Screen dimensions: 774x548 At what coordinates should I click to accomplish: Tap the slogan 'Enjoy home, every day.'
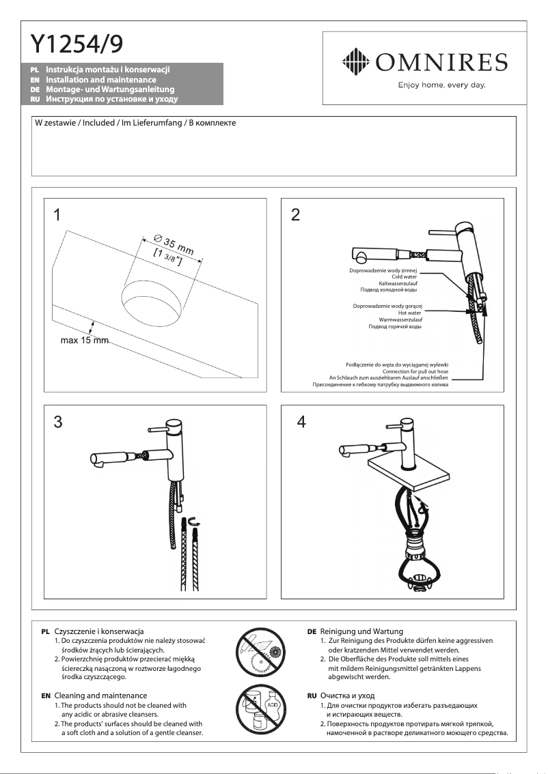441,85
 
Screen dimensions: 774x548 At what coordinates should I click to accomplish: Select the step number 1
58,216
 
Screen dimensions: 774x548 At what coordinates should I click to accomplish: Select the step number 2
295,216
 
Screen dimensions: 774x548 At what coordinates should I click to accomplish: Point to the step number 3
58,422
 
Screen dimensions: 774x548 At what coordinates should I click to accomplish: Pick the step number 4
301,422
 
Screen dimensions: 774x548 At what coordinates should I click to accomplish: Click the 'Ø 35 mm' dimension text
174,244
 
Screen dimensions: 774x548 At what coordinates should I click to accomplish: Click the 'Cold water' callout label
404,277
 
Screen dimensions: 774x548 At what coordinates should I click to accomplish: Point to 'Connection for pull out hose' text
415,371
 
